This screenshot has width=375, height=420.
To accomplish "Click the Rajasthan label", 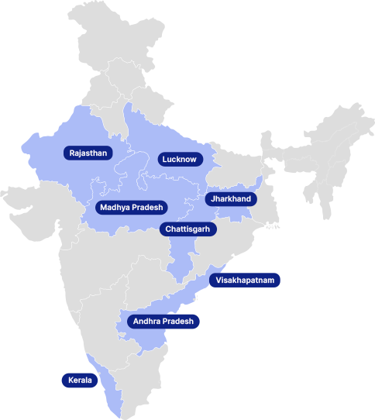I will [88, 153].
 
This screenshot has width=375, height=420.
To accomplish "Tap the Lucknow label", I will [180, 160].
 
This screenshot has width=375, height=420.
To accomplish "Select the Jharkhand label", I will [230, 199].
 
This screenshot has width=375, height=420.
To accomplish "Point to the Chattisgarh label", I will [188, 229].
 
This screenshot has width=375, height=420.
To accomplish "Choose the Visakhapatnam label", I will [245, 281].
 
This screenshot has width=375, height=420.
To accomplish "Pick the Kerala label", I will [80, 380].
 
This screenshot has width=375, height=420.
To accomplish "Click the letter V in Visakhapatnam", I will [219, 281].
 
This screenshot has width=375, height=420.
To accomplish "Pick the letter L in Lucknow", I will [164, 160].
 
